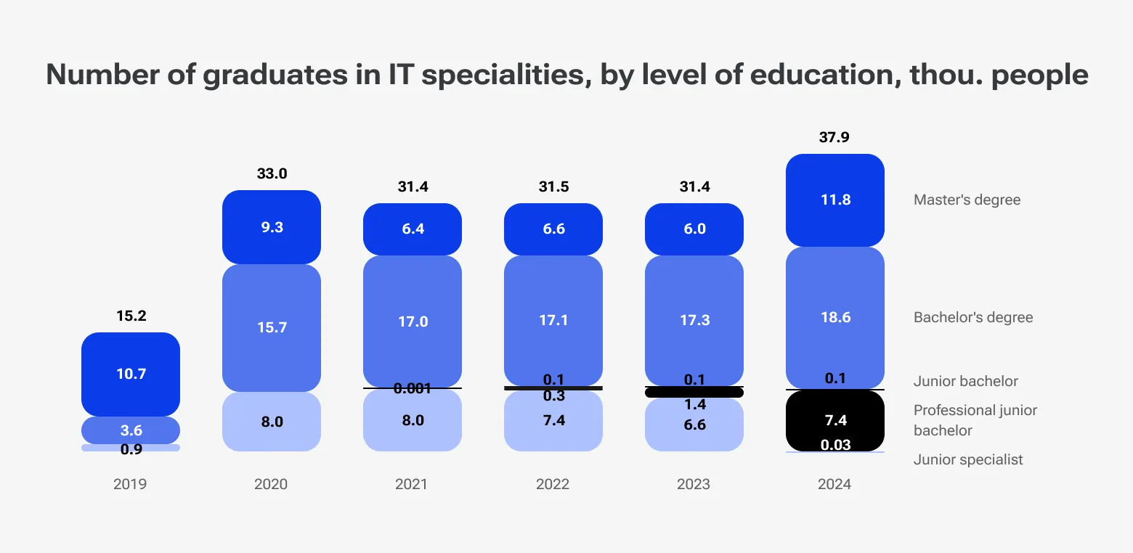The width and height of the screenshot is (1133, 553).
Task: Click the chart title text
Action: click(x=566, y=75)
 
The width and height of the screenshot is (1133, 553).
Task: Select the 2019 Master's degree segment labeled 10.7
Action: click(x=131, y=374)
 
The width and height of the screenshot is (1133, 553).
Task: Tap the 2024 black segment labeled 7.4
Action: click(x=835, y=420)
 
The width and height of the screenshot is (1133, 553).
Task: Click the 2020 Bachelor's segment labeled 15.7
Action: click(x=272, y=327)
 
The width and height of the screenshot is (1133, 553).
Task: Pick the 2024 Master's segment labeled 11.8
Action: click(x=835, y=200)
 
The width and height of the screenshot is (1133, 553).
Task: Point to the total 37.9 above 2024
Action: click(x=834, y=137)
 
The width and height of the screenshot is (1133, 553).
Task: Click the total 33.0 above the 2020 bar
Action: click(x=272, y=173)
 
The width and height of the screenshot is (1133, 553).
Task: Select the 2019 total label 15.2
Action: click(x=131, y=316)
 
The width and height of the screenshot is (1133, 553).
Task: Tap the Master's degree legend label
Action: click(x=967, y=200)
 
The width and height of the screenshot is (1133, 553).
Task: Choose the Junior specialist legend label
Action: click(x=968, y=459)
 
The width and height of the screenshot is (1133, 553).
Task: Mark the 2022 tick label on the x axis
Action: click(x=553, y=484)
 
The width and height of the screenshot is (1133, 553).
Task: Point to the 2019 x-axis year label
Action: click(x=130, y=484)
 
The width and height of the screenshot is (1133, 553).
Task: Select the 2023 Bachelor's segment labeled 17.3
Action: click(x=694, y=320)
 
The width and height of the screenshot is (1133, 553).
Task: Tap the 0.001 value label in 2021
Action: click(x=413, y=389)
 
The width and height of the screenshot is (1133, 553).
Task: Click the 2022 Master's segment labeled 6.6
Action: click(x=553, y=229)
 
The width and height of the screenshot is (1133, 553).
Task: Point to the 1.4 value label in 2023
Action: click(x=694, y=405)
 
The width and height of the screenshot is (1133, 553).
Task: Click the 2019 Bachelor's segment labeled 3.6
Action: click(x=131, y=430)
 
